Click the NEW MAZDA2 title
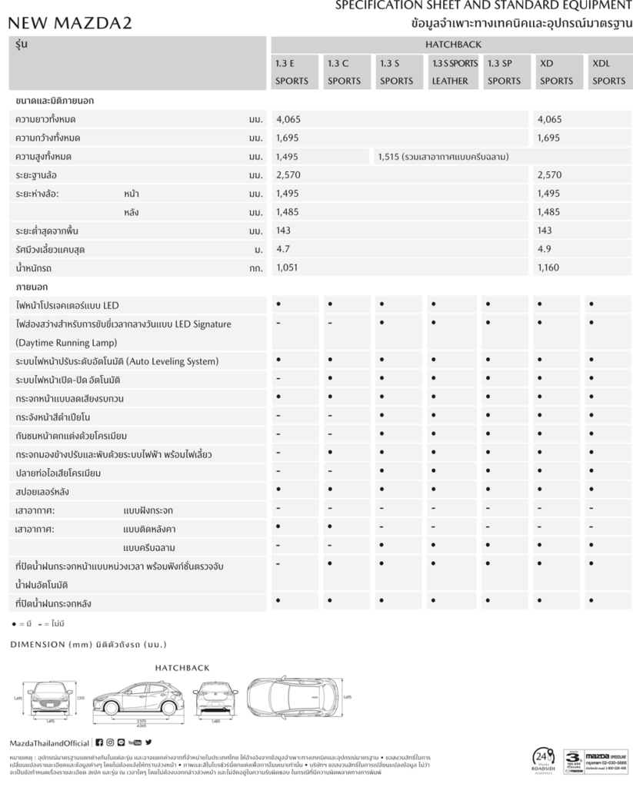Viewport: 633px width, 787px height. [70, 23]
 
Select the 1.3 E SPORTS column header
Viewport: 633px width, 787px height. [292, 72]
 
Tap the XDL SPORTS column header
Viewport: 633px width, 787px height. [608, 72]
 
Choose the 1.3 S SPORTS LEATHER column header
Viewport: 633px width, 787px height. [454, 72]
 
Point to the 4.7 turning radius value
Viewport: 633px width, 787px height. [283, 249]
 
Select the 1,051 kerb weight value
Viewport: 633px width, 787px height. [287, 267]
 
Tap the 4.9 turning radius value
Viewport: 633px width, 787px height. [545, 249]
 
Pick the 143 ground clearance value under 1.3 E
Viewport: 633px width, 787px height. [284, 231]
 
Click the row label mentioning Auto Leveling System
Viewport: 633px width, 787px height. [117, 361]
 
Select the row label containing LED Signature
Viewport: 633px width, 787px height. [123, 324]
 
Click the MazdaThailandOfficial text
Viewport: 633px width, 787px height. [48, 743]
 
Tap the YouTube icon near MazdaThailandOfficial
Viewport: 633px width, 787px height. [135, 742]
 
